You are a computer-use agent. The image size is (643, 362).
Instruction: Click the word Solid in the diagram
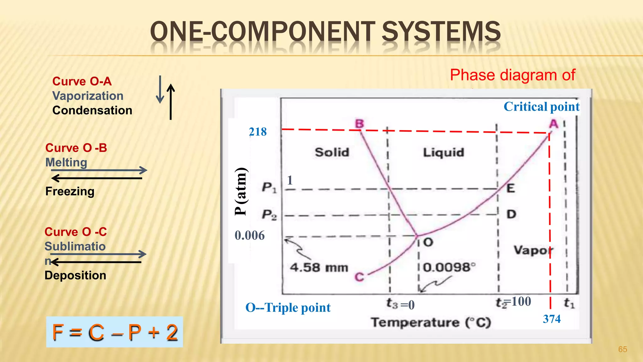pos(332,152)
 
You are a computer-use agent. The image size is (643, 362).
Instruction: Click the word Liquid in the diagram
pos(443,153)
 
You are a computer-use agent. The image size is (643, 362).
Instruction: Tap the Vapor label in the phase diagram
pos(533,250)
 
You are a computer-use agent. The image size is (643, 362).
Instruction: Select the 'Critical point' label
pos(541,107)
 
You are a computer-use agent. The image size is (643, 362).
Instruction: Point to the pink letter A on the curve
pos(554,124)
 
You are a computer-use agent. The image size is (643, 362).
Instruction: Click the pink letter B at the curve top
pos(359,123)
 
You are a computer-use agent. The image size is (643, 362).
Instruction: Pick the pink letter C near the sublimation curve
pos(359,277)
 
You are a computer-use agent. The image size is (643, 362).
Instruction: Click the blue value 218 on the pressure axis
pos(257,132)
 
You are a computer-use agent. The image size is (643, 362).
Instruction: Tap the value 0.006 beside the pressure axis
pos(250,235)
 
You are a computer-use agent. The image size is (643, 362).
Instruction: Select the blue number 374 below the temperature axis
pos(552,319)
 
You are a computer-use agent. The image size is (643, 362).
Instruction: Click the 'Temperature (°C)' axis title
pos(431,322)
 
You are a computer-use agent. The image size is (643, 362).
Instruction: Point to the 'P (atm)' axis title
pos(241,191)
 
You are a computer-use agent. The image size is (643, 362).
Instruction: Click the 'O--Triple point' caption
pos(288,307)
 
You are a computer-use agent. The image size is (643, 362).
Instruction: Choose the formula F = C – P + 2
pos(115,332)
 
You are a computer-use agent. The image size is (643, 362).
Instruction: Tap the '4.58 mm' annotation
pos(319,268)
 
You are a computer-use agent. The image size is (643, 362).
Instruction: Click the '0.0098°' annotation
pos(449,267)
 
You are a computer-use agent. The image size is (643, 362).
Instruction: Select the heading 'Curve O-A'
pos(82,81)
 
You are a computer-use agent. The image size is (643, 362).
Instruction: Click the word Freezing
pos(70,191)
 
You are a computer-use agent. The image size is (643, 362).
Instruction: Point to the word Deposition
pos(75,275)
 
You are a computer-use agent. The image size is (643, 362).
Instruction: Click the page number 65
pos(622,349)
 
